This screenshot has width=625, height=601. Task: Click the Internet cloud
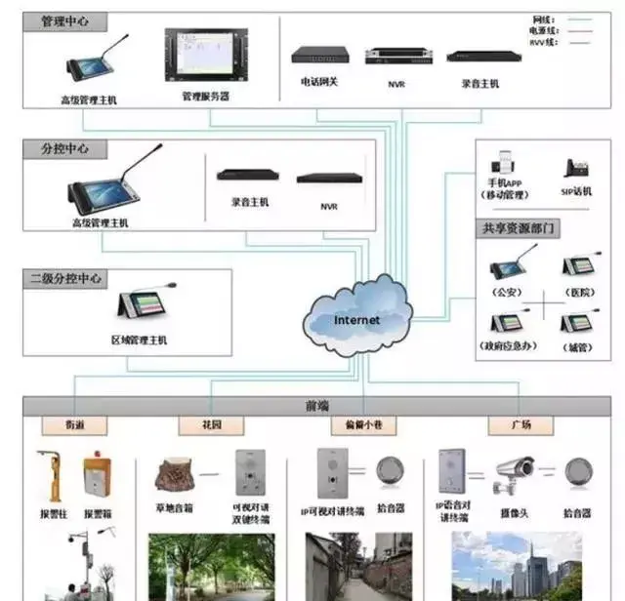(x=355, y=317)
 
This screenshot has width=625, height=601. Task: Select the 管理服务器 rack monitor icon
(x=204, y=58)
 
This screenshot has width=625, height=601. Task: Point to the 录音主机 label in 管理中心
(x=480, y=84)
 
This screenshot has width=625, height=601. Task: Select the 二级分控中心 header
(x=67, y=279)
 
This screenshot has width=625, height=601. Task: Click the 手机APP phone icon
(x=505, y=162)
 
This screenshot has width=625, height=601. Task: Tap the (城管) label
(x=577, y=347)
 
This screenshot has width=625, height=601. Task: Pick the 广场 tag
(x=521, y=426)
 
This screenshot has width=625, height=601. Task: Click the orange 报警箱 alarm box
(x=96, y=475)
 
